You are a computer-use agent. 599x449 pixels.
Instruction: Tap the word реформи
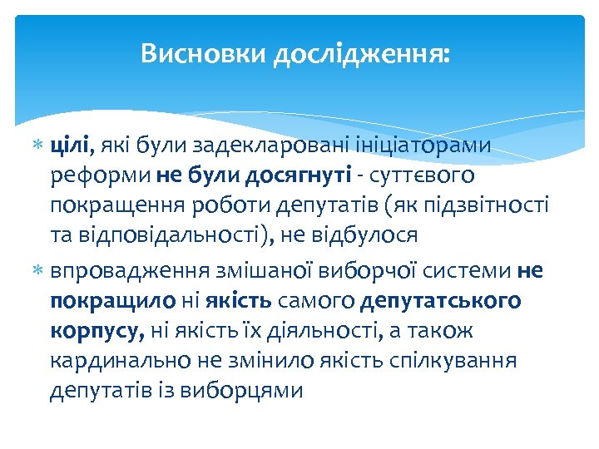tap(99, 176)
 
